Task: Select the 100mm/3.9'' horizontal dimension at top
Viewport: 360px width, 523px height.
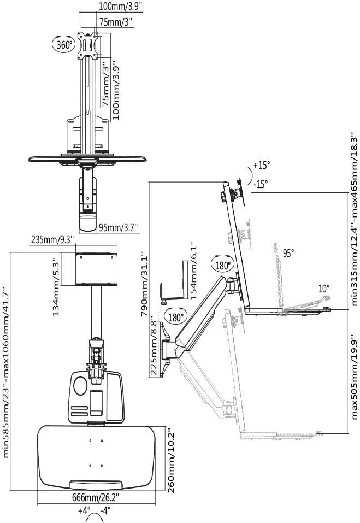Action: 120,7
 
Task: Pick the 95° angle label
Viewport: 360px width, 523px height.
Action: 288,253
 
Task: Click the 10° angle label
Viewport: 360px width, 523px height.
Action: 324,289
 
